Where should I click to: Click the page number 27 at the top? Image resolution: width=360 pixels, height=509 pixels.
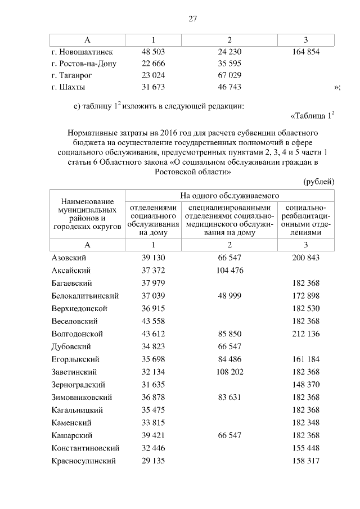(192, 19)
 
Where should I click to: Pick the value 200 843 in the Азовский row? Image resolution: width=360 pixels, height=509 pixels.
(306, 257)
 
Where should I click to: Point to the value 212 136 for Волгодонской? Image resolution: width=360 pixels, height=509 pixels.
(306, 334)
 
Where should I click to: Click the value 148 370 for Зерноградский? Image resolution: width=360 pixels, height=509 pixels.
(306, 385)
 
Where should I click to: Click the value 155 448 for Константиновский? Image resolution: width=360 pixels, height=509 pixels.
(306, 448)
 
